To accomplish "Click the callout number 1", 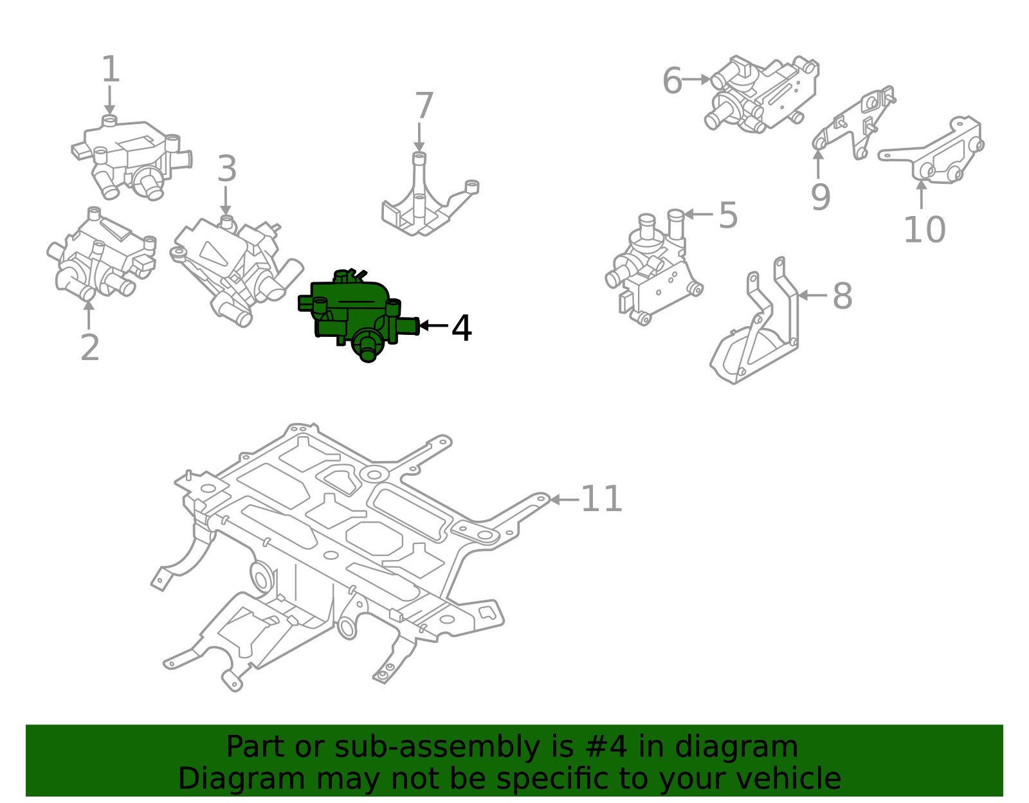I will (111, 69).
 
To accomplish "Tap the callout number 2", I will (90, 347).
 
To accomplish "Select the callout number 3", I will (226, 169).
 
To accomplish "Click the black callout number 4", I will (462, 328).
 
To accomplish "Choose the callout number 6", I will (672, 81).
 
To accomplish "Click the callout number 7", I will (424, 106).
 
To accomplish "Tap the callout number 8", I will (842, 296).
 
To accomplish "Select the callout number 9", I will (820, 197).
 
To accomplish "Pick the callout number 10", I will (924, 230).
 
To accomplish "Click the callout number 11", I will (601, 499).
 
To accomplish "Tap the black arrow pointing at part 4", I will (433, 326).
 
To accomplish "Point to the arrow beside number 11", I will (563, 500).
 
